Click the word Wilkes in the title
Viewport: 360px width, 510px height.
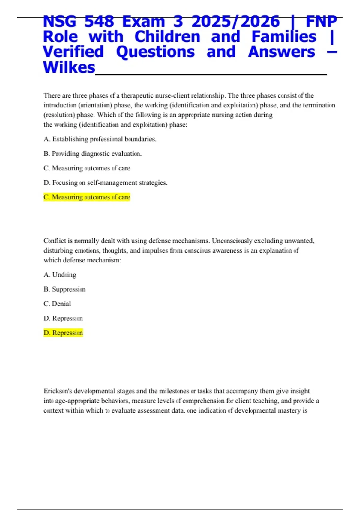click(69, 67)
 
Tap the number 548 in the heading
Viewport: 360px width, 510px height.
click(99, 22)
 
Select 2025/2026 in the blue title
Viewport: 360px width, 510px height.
click(235, 22)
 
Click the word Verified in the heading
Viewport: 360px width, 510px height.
click(73, 52)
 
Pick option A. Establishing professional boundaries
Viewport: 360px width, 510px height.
click(100, 139)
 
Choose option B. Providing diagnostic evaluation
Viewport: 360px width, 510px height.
click(92, 154)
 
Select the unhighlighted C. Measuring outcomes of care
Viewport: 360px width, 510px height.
click(87, 168)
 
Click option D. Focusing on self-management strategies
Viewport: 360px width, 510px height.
click(105, 183)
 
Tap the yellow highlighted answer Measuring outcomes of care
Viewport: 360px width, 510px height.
click(87, 197)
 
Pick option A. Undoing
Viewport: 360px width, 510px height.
click(60, 275)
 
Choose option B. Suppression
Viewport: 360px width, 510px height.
click(64, 289)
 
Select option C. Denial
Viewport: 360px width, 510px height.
click(57, 304)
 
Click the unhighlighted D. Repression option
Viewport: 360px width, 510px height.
click(63, 318)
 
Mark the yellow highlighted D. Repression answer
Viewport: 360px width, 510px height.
click(63, 333)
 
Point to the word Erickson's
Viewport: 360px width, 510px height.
click(57, 391)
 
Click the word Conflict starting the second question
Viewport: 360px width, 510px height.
click(55, 241)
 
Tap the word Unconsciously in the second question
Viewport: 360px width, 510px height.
click(232, 241)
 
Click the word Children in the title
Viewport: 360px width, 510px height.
click(167, 37)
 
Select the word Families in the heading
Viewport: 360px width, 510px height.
click(284, 37)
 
